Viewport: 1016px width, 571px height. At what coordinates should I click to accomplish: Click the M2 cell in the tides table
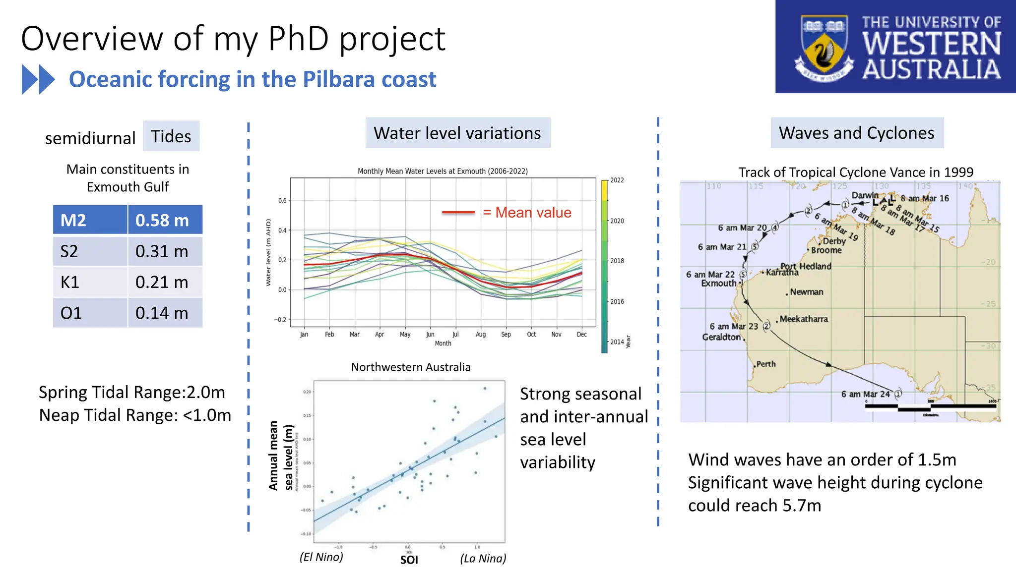click(90, 220)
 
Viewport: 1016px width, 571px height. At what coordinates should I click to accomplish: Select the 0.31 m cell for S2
click(162, 251)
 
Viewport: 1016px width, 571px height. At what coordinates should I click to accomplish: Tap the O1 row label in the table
click(71, 313)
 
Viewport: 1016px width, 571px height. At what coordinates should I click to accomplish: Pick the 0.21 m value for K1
click(162, 282)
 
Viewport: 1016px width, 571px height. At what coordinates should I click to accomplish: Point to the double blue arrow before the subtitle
click(38, 79)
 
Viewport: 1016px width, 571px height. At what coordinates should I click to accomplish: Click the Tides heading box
click(171, 136)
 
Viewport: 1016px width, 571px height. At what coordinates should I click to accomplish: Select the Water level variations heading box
click(457, 133)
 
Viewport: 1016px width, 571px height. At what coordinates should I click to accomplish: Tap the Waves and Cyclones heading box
click(857, 133)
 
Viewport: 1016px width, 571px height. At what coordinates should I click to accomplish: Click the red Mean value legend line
click(458, 213)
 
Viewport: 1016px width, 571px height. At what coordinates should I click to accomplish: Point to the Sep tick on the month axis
click(506, 335)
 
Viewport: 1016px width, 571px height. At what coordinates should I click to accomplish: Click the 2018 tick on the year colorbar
click(617, 261)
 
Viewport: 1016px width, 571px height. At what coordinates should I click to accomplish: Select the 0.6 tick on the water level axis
click(282, 200)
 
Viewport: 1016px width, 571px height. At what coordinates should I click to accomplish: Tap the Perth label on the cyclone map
click(765, 364)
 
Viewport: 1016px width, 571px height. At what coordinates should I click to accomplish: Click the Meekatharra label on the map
click(804, 319)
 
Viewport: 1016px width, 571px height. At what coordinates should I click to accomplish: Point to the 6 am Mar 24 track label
click(865, 394)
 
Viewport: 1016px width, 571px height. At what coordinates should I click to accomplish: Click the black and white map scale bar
click(930, 407)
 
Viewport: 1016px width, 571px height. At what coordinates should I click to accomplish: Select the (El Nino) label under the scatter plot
click(321, 557)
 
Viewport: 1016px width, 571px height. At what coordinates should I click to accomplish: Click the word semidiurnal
click(90, 138)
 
